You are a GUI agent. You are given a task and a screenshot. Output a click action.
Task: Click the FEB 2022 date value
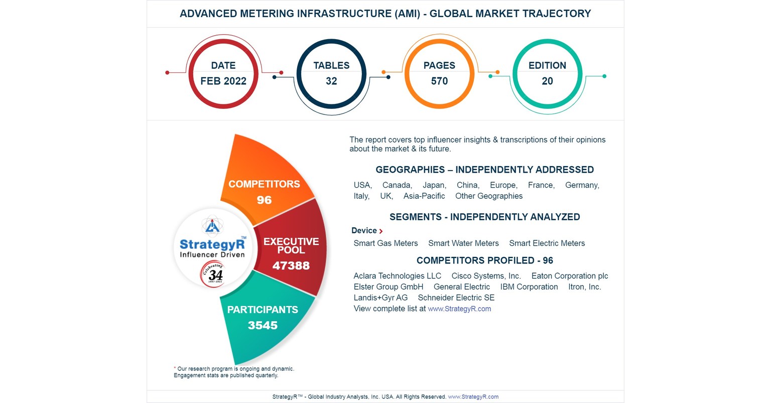point(223,81)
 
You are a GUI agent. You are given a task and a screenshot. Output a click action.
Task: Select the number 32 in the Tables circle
point(331,81)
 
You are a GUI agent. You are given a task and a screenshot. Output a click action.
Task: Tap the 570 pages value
point(439,81)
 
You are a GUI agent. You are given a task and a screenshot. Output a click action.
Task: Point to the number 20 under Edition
point(547,81)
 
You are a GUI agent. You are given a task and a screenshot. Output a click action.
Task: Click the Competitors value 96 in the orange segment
point(264,200)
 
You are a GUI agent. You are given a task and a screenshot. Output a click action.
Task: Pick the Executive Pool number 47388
point(291,266)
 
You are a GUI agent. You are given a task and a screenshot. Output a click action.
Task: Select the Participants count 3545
point(263,326)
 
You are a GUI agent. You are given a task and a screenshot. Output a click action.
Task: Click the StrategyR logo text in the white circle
point(212,244)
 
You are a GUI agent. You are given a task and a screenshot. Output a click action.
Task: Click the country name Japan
point(434,185)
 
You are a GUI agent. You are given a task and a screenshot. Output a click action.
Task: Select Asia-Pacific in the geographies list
point(424,196)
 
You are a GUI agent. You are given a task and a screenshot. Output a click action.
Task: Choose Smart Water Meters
point(463,243)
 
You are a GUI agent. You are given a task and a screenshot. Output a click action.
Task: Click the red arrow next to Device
point(381,231)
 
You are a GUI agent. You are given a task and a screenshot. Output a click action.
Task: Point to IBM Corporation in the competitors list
point(529,287)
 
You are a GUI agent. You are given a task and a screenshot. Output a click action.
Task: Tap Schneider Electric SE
point(456,298)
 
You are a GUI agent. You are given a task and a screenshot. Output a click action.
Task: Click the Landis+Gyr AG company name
point(380,298)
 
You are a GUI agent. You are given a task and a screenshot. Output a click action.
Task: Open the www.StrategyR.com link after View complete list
point(459,309)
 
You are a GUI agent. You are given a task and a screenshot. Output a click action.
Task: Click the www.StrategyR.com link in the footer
point(473,397)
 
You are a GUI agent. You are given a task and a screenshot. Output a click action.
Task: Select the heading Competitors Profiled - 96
point(484,260)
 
